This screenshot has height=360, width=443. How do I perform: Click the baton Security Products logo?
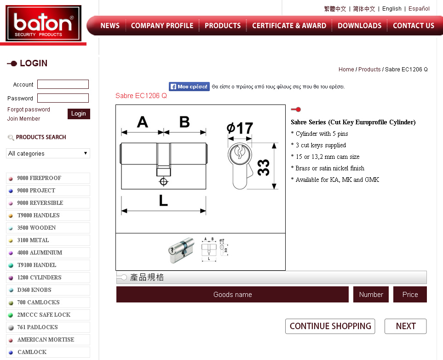44,23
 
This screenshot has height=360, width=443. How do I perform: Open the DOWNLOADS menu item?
359,25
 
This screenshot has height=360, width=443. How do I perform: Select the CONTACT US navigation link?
414,25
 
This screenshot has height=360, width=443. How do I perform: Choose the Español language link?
419,9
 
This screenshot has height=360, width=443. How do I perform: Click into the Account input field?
63,84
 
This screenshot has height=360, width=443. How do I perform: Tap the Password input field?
63,98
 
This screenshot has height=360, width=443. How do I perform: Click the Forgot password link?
29,110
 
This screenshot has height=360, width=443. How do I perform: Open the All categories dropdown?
48,153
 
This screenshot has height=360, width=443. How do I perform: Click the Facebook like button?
189,87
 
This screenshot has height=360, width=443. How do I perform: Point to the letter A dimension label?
143,122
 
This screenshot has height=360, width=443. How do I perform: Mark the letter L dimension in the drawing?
163,200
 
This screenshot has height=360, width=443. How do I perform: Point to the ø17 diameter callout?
240,128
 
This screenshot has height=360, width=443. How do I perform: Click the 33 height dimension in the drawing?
264,168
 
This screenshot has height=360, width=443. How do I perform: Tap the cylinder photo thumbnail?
182,250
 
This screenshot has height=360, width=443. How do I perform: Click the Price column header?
410,294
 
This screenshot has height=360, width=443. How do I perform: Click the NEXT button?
405,326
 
